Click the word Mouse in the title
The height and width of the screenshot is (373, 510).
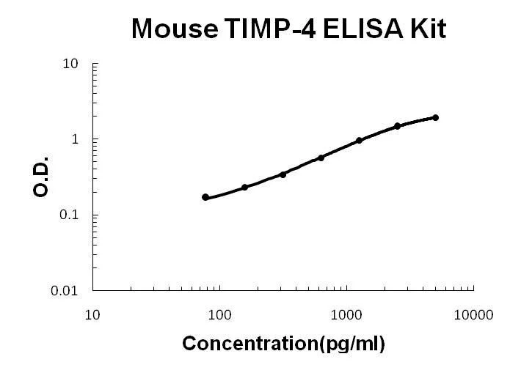(x=175, y=29)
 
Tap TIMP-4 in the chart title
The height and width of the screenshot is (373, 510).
(x=269, y=29)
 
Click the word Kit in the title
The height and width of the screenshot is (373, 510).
(x=428, y=29)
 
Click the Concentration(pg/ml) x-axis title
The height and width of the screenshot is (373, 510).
(x=283, y=344)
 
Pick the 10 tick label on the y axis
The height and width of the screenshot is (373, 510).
(x=70, y=64)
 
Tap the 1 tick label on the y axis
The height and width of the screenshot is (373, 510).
(x=75, y=139)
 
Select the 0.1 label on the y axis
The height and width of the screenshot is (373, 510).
(x=69, y=215)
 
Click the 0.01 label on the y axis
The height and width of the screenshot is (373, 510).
(x=65, y=290)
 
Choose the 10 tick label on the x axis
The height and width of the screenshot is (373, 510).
(x=92, y=315)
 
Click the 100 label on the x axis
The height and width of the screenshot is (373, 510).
(x=219, y=315)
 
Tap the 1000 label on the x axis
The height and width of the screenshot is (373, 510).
(x=346, y=315)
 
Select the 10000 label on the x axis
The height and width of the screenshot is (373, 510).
(x=473, y=315)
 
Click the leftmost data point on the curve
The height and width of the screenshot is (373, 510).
(x=205, y=197)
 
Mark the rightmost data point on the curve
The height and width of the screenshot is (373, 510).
(x=435, y=118)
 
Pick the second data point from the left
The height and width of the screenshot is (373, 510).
(x=244, y=187)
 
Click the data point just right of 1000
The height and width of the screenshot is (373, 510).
(x=359, y=141)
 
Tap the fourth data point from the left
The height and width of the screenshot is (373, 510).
(x=321, y=158)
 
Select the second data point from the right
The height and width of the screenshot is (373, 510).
(x=397, y=126)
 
